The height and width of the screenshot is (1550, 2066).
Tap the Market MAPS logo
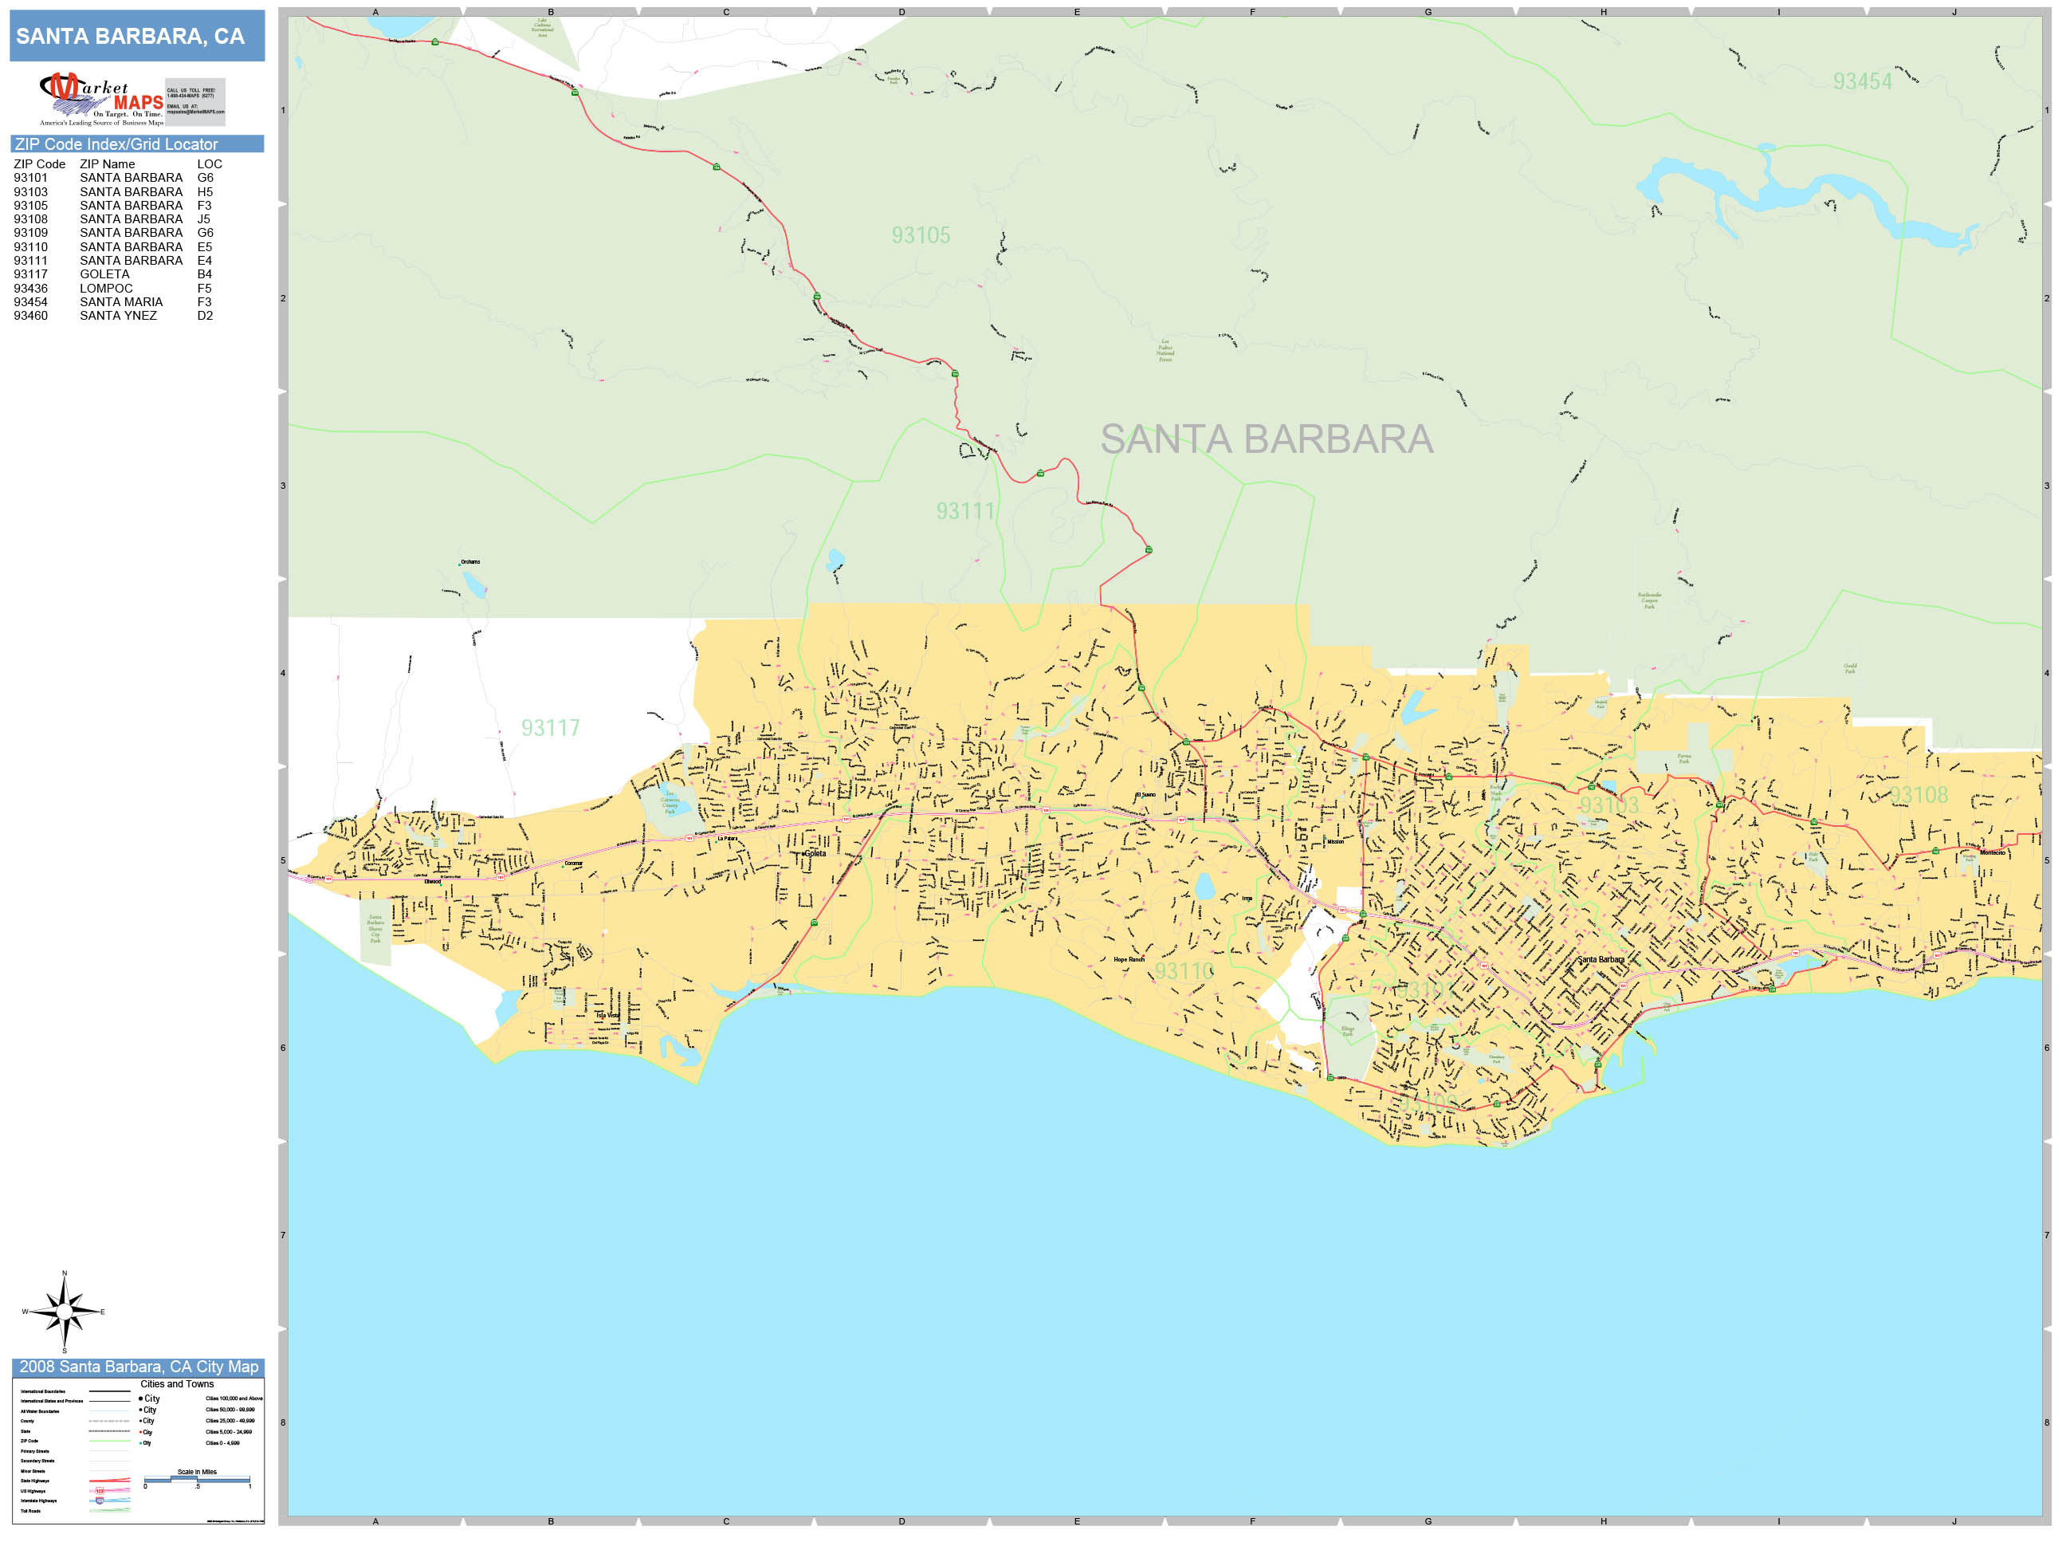[x=101, y=99]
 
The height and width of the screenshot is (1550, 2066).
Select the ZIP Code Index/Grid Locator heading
[x=116, y=144]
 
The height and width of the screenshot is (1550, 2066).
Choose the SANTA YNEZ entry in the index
[x=119, y=316]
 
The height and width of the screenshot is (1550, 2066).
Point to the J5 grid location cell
[x=203, y=219]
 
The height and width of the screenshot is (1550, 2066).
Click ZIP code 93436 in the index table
[x=31, y=289]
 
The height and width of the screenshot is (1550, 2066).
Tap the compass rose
[x=65, y=1312]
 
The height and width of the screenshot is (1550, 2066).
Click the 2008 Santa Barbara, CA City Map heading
[x=138, y=1367]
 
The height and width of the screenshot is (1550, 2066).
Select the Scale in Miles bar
[x=197, y=1479]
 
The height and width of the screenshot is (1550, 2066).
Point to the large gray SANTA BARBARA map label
[x=1267, y=439]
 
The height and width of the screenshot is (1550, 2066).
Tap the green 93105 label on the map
[x=921, y=235]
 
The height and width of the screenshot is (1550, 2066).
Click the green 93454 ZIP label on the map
[x=1863, y=82]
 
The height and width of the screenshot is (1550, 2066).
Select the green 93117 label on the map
[x=551, y=728]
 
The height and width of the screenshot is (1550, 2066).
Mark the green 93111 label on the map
[x=966, y=511]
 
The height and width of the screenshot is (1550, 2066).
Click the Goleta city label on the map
[x=815, y=853]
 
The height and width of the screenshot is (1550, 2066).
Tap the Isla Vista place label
[x=608, y=1015]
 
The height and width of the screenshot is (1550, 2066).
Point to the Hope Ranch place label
[x=1129, y=959]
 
